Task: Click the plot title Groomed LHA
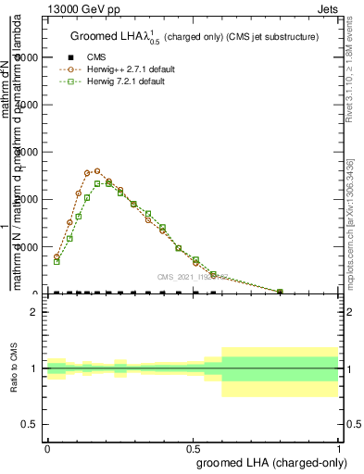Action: (195, 36)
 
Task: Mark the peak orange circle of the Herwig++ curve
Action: (97, 170)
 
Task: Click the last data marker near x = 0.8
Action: (281, 292)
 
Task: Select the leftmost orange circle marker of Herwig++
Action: (56, 256)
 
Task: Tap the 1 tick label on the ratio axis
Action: (34, 368)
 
